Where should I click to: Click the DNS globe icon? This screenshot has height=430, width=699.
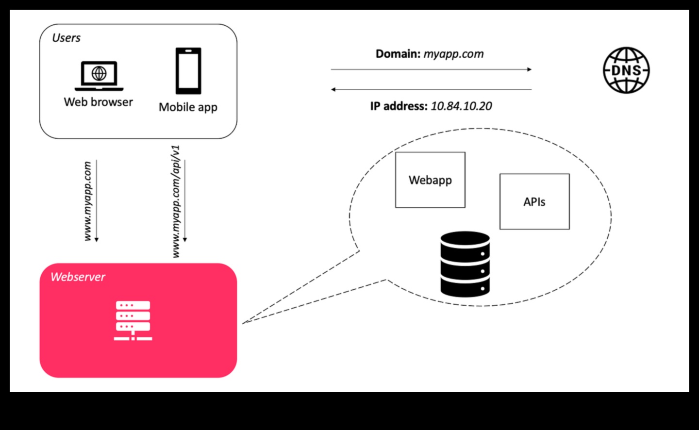click(x=626, y=70)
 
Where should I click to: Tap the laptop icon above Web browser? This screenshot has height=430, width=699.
click(x=99, y=76)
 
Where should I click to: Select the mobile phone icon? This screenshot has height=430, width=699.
click(x=188, y=71)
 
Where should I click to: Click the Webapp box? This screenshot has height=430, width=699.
click(x=430, y=180)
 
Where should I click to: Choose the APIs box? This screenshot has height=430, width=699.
click(x=534, y=201)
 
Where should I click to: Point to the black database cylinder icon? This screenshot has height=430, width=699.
click(x=465, y=264)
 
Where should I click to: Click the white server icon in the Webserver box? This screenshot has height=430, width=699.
click(x=133, y=320)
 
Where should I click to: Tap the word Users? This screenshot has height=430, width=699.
click(x=67, y=38)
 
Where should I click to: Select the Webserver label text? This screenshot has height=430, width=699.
click(x=78, y=277)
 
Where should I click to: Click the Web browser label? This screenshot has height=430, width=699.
click(x=99, y=102)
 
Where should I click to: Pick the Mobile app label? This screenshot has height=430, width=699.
click(x=188, y=107)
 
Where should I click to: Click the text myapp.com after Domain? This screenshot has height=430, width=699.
click(x=453, y=54)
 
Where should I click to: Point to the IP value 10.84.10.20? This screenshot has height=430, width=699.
click(x=461, y=106)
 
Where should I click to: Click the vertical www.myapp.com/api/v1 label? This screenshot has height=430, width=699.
click(x=176, y=201)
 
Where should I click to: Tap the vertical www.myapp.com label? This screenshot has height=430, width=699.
click(x=87, y=201)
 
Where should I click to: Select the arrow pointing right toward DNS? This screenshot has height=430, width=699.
click(x=431, y=69)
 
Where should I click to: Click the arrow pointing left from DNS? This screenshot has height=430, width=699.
click(x=431, y=89)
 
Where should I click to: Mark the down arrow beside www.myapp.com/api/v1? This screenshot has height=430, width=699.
click(x=185, y=201)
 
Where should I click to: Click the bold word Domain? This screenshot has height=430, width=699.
click(x=398, y=54)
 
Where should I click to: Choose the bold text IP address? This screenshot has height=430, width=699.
click(x=399, y=106)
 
